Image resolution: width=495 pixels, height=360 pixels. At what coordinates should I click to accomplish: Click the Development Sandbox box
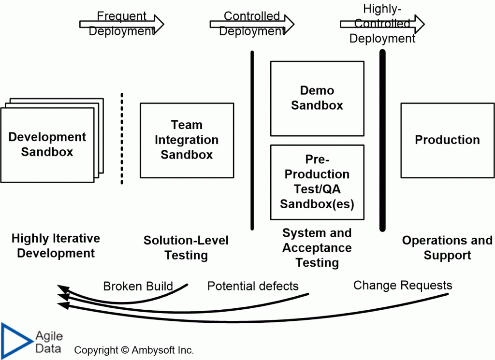[47, 144]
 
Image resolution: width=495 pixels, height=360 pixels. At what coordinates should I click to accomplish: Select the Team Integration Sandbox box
[187, 140]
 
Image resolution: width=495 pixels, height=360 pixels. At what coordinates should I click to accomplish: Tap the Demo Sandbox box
[317, 98]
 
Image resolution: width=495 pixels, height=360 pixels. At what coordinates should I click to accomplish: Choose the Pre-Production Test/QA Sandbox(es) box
[317, 182]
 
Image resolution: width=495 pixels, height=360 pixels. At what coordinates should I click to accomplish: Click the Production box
[447, 140]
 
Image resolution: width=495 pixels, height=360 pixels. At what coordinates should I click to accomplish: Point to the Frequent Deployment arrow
[122, 24]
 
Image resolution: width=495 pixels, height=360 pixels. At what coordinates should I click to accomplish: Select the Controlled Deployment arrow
[252, 24]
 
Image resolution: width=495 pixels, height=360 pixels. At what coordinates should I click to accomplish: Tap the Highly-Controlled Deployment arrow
[382, 24]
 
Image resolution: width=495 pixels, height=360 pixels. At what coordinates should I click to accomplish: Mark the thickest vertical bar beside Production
[382, 140]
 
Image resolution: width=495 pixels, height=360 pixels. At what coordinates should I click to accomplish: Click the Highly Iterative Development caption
[56, 245]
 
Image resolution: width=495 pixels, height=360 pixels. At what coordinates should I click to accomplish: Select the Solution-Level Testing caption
[186, 247]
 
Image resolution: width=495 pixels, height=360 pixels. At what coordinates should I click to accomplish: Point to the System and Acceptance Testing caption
[317, 247]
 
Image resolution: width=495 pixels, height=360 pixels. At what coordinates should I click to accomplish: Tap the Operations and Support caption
[447, 247]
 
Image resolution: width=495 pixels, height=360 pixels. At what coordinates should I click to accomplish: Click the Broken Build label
[138, 286]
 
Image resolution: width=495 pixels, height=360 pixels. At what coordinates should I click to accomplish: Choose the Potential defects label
[253, 286]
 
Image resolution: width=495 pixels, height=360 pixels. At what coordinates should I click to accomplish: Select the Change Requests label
[403, 285]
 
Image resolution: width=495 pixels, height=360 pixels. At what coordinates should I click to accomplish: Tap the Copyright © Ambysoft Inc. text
[134, 350]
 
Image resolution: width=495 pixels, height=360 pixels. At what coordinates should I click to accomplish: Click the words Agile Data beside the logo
[49, 342]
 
